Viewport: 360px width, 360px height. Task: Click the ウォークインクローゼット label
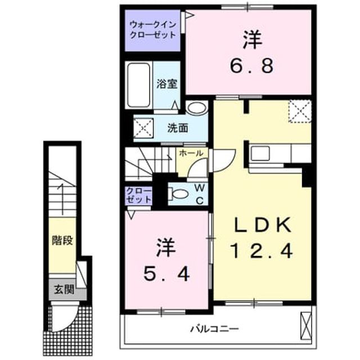click(x=152, y=29)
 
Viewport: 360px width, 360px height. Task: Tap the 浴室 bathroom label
click(x=167, y=84)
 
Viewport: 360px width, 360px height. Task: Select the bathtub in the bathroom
click(x=139, y=85)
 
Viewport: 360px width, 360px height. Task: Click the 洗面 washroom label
click(x=178, y=128)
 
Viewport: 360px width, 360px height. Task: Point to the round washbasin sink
click(x=196, y=107)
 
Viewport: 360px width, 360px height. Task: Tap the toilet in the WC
click(x=178, y=194)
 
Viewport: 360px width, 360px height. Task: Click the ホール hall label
click(x=191, y=153)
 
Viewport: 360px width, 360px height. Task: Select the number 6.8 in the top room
click(x=252, y=66)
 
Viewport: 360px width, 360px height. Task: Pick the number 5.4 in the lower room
click(x=166, y=274)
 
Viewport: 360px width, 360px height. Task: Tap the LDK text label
click(x=263, y=225)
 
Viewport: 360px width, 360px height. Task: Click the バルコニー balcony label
click(x=214, y=329)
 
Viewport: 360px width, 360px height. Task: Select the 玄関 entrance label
click(x=64, y=290)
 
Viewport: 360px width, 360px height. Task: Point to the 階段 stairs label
click(x=62, y=240)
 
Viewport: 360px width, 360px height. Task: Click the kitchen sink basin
click(x=260, y=154)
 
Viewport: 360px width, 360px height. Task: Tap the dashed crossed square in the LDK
click(x=300, y=111)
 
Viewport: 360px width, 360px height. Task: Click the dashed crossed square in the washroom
click(x=144, y=128)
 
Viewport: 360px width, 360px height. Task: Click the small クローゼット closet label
click(x=139, y=195)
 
